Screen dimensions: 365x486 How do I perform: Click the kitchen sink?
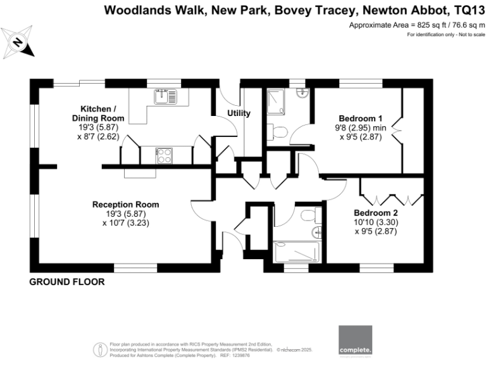click(x=165, y=96)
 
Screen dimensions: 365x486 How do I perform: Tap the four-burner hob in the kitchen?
click(x=163, y=155)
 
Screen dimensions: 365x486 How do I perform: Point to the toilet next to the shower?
click(x=279, y=131)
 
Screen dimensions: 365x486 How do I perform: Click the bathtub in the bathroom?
click(x=298, y=253)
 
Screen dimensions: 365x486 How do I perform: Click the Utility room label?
click(x=239, y=113)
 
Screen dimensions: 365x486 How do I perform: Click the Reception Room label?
click(x=125, y=204)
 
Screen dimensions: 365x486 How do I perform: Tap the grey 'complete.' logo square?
click(x=355, y=341)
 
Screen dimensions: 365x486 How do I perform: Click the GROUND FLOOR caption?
click(x=67, y=281)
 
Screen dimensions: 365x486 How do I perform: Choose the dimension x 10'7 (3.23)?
click(x=125, y=222)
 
